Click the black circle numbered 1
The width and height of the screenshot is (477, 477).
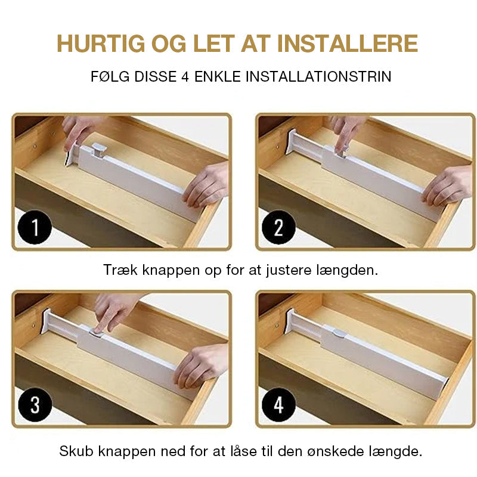(x=35, y=228)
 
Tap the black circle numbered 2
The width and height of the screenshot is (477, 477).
(x=278, y=228)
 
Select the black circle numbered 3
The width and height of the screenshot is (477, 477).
(x=35, y=405)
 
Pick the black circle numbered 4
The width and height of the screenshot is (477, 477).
(x=278, y=405)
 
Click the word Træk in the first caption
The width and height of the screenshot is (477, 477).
(x=119, y=270)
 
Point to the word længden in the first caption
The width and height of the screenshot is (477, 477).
(x=352, y=270)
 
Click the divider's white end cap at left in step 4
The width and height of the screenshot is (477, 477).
(x=290, y=322)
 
